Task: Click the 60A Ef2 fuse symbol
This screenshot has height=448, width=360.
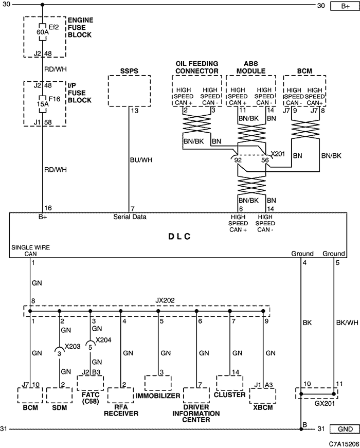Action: tap(42, 32)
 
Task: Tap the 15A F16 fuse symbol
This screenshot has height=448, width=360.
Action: tap(42, 104)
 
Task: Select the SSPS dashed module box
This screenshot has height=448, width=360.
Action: tap(130, 91)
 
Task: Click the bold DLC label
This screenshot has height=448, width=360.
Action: tap(179, 237)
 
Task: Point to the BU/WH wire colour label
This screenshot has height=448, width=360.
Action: tap(141, 160)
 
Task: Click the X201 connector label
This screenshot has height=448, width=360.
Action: tap(278, 154)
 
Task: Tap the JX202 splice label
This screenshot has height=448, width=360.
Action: tap(165, 300)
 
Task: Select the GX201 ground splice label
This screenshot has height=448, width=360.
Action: tap(325, 403)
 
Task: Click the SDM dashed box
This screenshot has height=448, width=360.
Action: tap(60, 395)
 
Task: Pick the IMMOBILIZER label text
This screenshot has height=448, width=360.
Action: tap(158, 396)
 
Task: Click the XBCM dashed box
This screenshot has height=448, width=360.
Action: tap(263, 396)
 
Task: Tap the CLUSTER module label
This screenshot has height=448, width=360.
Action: tap(230, 395)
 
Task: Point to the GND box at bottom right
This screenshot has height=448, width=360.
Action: tap(345, 429)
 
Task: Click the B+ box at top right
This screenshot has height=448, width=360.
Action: tap(345, 6)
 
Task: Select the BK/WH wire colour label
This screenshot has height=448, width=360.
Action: tap(347, 322)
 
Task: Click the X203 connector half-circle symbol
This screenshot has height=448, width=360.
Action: tap(60, 349)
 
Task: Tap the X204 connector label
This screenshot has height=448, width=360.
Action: tap(103, 340)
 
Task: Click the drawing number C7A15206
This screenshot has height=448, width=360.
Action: tap(344, 444)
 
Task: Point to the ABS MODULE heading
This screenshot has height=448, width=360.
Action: tap(251, 67)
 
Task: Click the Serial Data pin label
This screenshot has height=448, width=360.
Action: tap(130, 217)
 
